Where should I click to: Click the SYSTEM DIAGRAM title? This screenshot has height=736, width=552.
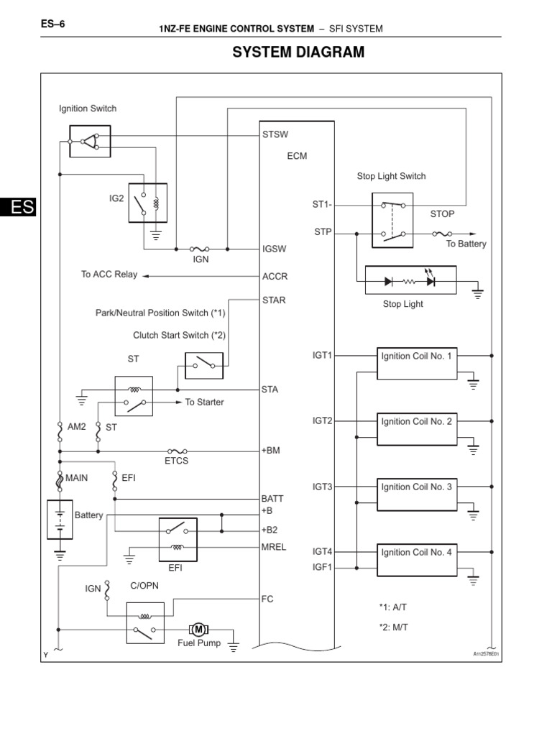pos(297,52)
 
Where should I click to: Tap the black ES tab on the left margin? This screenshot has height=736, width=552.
pos(17,207)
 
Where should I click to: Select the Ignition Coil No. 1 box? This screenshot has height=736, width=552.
pos(417,363)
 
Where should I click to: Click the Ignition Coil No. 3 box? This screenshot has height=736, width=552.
pos(417,494)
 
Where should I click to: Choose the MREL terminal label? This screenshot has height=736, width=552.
pos(275,547)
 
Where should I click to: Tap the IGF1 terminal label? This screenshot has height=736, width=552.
pos(323,567)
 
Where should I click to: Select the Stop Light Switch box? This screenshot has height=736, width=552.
pos(392,220)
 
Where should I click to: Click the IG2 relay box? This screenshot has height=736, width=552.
pos(147,203)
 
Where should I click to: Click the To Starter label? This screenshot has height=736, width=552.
pos(204,402)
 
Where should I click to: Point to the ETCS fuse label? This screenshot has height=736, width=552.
pos(176,460)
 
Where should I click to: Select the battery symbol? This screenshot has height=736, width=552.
pos(60,520)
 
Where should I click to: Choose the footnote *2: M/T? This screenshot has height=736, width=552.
pos(393,627)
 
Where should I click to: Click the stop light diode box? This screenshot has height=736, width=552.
pos(411,281)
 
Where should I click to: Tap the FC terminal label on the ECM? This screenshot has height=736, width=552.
pos(268,598)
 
